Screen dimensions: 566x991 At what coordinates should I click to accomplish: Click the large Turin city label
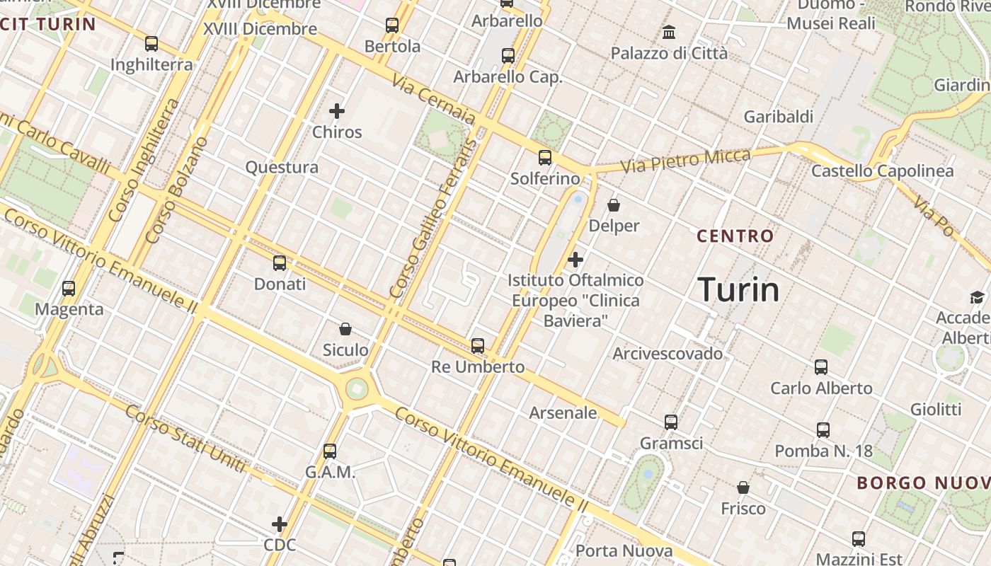(738, 289)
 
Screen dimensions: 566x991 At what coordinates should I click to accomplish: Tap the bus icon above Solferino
(544, 158)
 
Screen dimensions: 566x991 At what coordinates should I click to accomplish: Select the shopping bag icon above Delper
(614, 205)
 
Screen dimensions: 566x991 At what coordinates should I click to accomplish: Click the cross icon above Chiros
(337, 111)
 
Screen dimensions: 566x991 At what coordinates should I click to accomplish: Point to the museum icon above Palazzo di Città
(669, 33)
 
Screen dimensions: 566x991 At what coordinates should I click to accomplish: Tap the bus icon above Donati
(280, 263)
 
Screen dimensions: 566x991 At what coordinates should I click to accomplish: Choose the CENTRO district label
(735, 236)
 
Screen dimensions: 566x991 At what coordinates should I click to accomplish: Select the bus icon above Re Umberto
(478, 346)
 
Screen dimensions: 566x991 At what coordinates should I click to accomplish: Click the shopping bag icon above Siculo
(345, 329)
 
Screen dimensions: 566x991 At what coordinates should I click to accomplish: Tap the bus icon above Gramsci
(671, 422)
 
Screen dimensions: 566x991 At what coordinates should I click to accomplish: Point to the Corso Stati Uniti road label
(186, 439)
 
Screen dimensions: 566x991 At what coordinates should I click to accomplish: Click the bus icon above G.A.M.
(330, 451)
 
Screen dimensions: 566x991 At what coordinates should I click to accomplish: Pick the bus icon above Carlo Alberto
(821, 367)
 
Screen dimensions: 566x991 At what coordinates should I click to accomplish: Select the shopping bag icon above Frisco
(743, 487)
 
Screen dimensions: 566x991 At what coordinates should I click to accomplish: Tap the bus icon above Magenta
(69, 289)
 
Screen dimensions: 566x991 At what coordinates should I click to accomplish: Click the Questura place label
(282, 168)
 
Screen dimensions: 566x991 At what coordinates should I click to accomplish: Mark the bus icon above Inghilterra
(151, 44)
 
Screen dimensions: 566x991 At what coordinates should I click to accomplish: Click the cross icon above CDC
(280, 524)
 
